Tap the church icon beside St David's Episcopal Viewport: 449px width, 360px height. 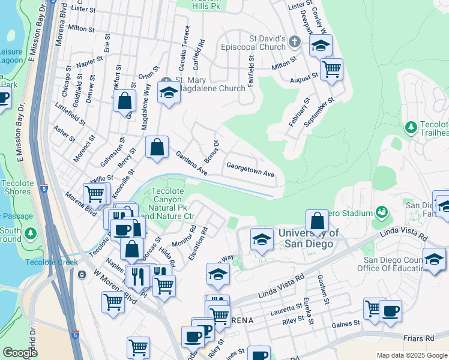pyautogui.click(x=294, y=42)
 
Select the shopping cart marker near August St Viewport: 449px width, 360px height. pyautogui.click(x=331, y=70)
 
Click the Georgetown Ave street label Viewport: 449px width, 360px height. pyautogui.click(x=250, y=170)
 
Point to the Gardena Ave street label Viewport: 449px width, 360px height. pyautogui.click(x=191, y=164)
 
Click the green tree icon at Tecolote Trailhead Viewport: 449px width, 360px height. pyautogui.click(x=411, y=127)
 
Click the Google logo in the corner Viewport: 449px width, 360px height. pyautogui.click(x=19, y=352)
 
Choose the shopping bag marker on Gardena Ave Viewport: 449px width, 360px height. pyautogui.click(x=156, y=146)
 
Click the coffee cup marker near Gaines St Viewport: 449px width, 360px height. pyautogui.click(x=390, y=311)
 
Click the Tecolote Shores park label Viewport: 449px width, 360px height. pyautogui.click(x=16, y=187)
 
